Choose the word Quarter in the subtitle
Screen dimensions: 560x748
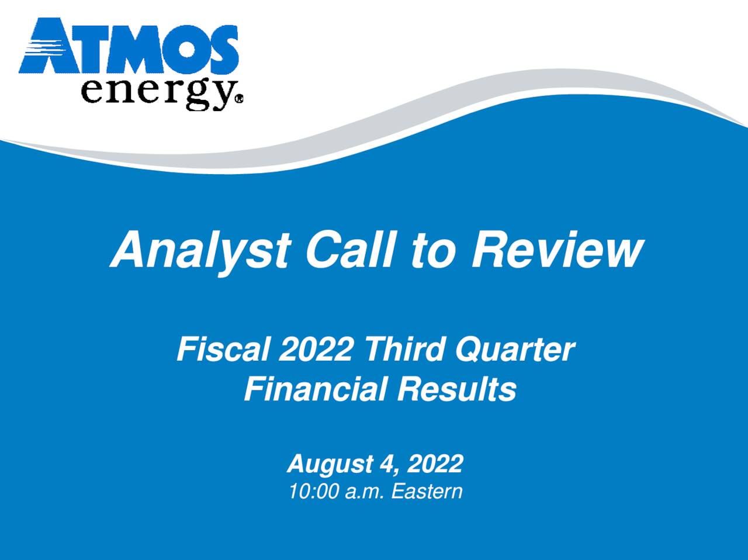coord(515,350)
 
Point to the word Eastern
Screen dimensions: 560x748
coord(427,492)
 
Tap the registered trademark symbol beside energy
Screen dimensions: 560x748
coord(238,100)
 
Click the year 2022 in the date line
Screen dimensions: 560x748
coord(435,465)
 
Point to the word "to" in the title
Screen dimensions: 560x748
coord(432,251)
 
